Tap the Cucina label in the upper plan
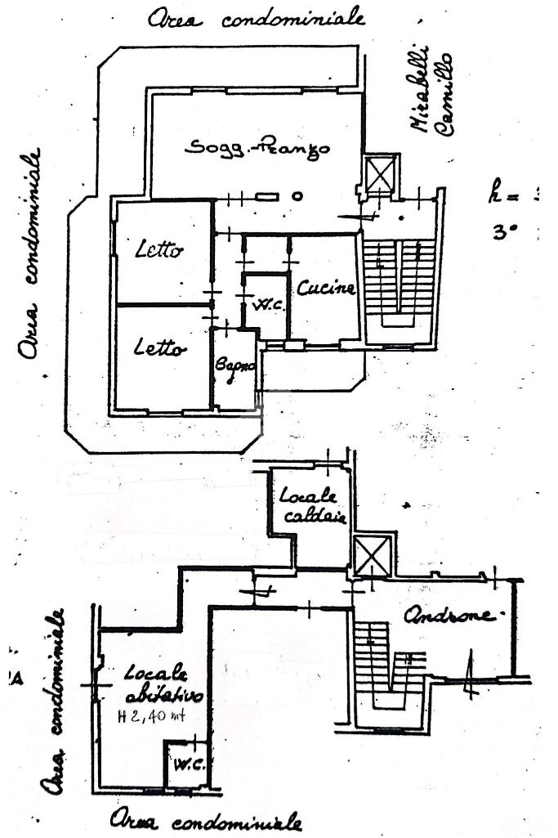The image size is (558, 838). coord(326,288)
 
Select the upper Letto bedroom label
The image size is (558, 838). coord(159,250)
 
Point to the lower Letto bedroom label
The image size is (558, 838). coord(159,347)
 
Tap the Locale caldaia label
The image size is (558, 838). coord(314,507)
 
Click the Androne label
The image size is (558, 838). coord(453,616)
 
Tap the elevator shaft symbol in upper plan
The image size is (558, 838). coord(380,174)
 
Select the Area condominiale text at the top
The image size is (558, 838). coord(256,18)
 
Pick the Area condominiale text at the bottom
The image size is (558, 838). coord(208,820)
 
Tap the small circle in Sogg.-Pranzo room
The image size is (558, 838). coord(297,196)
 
